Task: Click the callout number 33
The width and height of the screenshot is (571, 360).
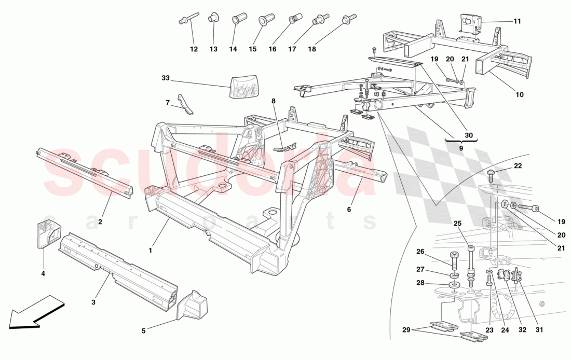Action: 165,78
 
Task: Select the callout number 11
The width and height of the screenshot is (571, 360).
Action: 517,21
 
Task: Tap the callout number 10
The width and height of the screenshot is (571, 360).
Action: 520,94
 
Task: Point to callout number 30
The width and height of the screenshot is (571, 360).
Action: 469,135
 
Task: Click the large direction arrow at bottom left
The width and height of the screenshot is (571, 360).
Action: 34,313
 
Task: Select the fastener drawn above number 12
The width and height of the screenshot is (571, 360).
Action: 189,20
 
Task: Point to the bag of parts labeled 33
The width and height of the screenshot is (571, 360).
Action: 243,86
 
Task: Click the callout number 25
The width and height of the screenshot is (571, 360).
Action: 457,224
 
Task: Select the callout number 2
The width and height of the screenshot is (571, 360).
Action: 100,221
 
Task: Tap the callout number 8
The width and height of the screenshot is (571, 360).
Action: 273,102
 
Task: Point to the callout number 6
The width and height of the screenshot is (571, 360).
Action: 349,210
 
